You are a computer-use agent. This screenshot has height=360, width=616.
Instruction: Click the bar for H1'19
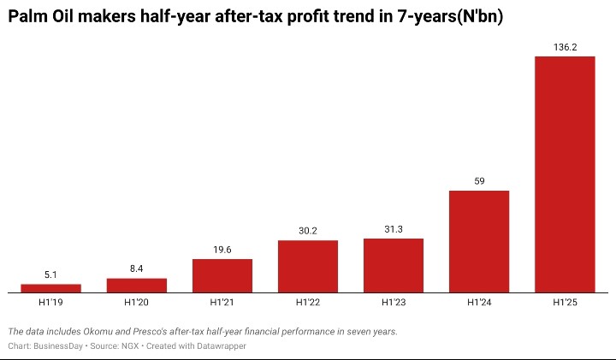point(50,288)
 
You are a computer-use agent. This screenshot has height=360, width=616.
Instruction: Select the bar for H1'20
point(136,285)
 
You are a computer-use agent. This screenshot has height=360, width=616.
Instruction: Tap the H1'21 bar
point(222,275)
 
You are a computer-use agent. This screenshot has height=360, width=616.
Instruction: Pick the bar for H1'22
point(308,266)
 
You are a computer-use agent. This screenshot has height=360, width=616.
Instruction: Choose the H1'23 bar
point(394,265)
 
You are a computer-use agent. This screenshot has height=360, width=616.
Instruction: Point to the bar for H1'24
point(479,241)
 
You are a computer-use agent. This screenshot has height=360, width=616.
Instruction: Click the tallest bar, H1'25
point(565,174)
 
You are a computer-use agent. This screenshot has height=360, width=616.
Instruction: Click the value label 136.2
point(565,48)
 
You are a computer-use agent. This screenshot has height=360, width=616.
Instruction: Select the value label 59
point(479,181)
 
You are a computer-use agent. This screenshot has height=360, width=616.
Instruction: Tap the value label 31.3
point(394,229)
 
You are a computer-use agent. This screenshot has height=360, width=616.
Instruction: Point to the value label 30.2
point(308,231)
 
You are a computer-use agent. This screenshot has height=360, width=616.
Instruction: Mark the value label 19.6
point(222,250)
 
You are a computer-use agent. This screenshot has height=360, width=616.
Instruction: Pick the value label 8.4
point(136,269)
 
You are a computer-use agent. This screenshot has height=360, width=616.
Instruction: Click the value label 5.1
point(50,274)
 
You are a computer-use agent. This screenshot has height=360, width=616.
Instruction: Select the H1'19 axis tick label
point(50,302)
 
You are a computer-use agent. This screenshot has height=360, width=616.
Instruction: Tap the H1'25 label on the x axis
point(565,302)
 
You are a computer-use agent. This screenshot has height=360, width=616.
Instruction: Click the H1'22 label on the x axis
point(308,302)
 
